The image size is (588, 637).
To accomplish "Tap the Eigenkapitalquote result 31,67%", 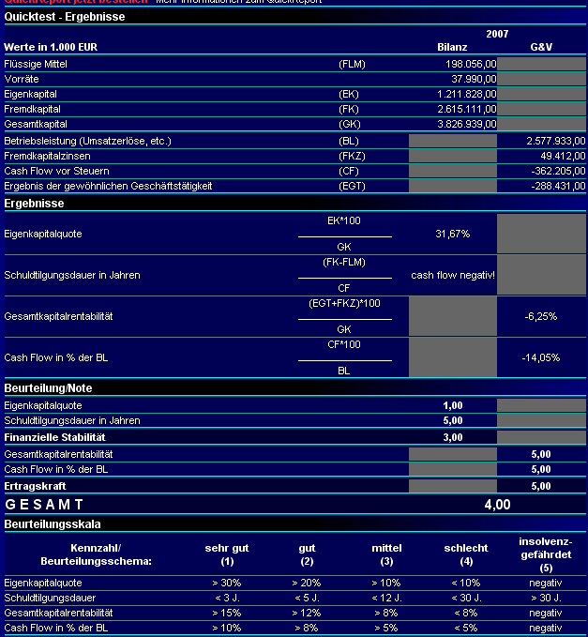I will (x=452, y=234).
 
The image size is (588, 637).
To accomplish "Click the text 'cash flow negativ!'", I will (x=453, y=275).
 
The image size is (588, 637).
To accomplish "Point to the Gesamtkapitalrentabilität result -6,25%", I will (x=541, y=316).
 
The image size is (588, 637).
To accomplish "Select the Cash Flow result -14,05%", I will (x=541, y=357).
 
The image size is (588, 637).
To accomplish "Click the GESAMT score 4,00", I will (x=497, y=505).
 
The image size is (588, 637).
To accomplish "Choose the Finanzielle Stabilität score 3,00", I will (x=452, y=437).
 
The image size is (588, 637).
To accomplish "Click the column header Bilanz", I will (x=452, y=46).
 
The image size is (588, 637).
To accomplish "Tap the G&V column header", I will (x=541, y=46).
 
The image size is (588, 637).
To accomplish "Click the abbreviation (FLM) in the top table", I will (x=352, y=64).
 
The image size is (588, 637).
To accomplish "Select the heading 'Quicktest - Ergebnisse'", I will (x=65, y=17).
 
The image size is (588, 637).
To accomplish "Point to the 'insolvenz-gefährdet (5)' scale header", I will (x=545, y=554).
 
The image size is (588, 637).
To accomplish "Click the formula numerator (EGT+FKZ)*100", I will (x=344, y=303).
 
